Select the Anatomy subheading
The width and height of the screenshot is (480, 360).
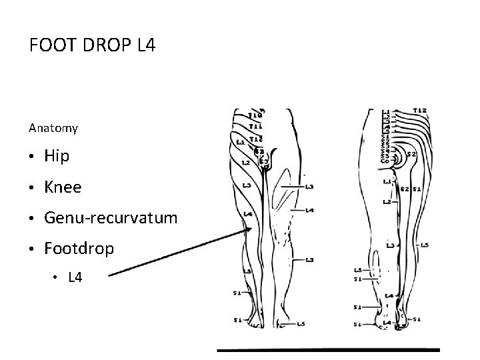coord(53,127)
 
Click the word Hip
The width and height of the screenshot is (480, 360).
coord(56,156)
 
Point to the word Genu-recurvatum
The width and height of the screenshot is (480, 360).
coord(111,218)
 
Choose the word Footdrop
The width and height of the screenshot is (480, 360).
coord(79,249)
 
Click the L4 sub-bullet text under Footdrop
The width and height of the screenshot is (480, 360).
coord(75,277)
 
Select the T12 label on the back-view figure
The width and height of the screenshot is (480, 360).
coord(419,110)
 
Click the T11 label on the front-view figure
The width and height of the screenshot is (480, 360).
coord(255,125)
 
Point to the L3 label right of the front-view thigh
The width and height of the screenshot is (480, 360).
coord(309,187)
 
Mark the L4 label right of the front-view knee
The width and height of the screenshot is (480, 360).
coord(309,210)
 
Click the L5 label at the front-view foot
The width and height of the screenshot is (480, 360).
coord(301,324)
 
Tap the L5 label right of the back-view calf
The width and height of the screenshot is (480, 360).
coord(425,245)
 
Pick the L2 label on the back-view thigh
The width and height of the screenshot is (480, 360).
coord(387,201)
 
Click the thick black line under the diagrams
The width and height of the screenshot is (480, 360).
coord(329,349)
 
